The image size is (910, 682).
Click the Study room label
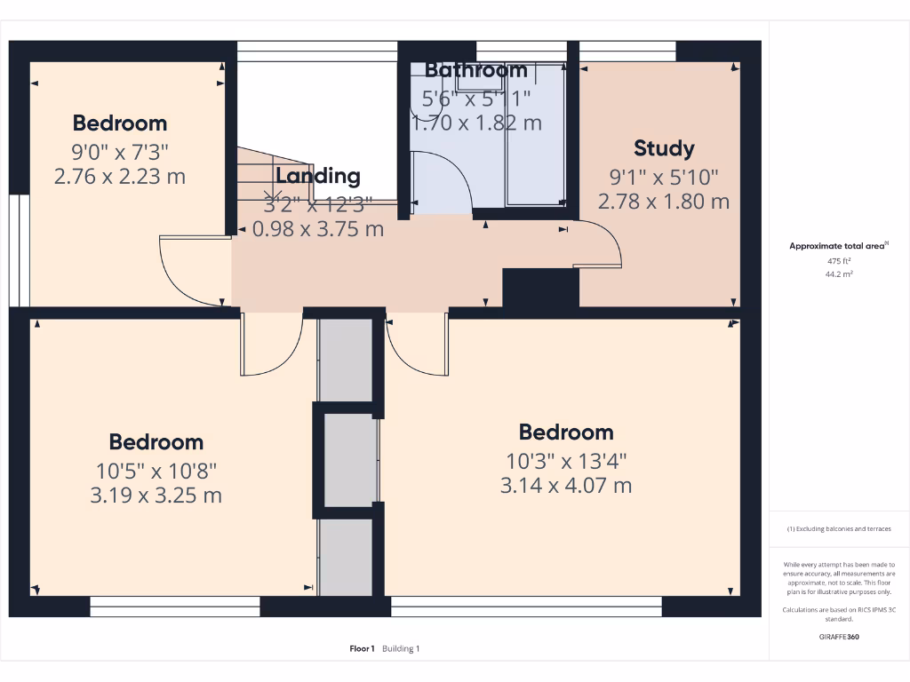(664, 148)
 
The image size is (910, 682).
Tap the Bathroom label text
(475, 70)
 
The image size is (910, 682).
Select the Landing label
(317, 176)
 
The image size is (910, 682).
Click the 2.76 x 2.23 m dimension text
(120, 176)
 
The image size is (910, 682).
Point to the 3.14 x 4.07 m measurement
(566, 486)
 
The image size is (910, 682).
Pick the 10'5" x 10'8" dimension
(156, 469)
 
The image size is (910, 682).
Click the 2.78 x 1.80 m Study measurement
(664, 202)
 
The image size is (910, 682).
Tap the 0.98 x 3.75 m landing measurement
(318, 229)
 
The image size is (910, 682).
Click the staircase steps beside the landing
(267, 178)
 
